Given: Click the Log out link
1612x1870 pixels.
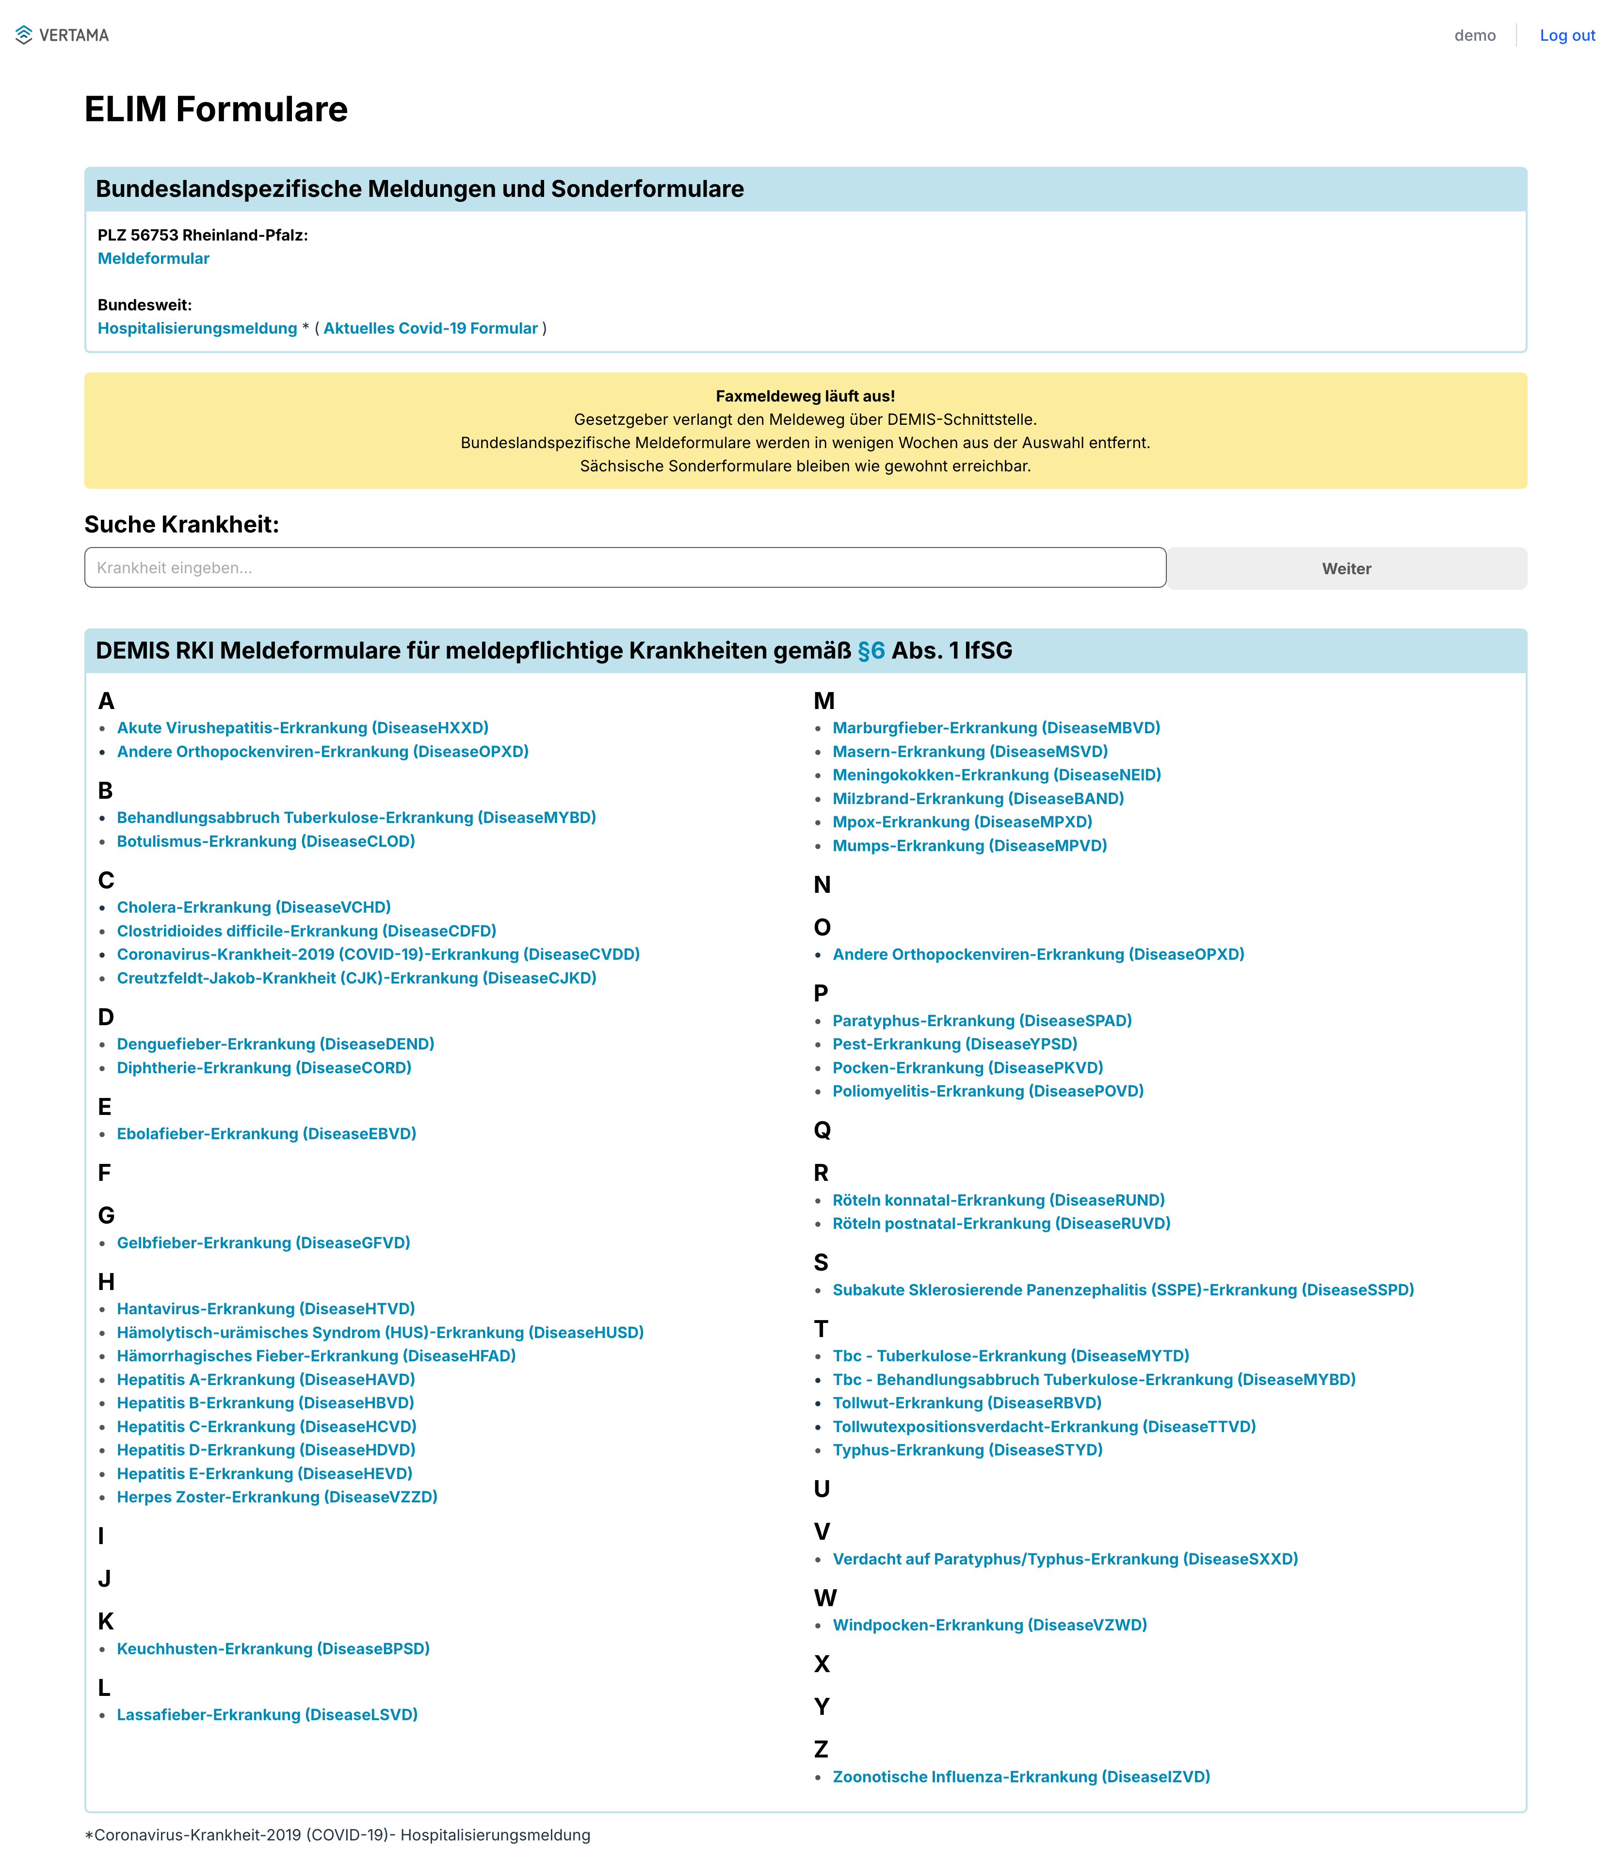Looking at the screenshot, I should pos(1567,35).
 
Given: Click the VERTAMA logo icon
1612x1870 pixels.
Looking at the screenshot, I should pos(23,35).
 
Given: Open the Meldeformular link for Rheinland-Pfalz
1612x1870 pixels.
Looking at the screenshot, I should pos(153,258).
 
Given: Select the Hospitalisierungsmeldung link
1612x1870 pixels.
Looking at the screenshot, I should pos(197,328).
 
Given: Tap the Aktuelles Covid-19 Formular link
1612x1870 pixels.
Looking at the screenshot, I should pos(431,328).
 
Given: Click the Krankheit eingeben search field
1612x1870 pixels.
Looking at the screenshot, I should pos(625,568).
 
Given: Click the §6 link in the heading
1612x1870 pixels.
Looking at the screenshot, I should pos(871,651).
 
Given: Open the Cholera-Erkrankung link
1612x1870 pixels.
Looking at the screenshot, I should pos(254,907).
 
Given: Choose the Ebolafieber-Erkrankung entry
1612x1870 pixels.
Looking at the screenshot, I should pos(266,1133).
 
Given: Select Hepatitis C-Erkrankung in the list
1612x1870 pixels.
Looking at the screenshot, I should pos(266,1426).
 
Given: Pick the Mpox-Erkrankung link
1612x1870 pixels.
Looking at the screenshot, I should pos(962,822).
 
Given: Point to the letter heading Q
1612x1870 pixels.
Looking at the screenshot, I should pos(822,1130).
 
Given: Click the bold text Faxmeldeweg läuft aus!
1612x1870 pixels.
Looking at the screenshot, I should pos(805,396).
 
